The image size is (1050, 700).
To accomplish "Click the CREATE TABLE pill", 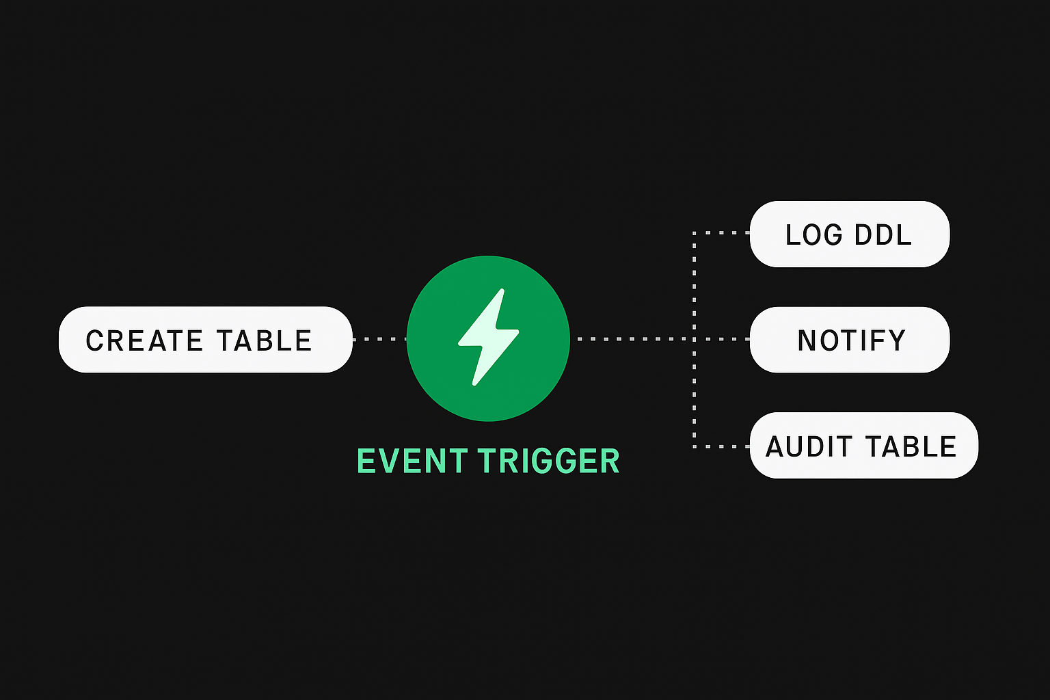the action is (x=205, y=340).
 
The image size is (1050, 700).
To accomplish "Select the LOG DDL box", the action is (x=850, y=234).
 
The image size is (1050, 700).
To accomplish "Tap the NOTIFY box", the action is (x=850, y=340).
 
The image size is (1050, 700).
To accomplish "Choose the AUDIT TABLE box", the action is (x=864, y=446).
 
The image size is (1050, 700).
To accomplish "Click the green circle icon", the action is (x=488, y=338).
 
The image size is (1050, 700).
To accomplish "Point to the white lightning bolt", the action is (x=488, y=337).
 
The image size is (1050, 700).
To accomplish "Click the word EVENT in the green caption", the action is (x=412, y=461).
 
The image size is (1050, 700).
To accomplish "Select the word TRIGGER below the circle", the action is (x=549, y=461).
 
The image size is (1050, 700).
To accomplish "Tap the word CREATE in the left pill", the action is (x=144, y=340).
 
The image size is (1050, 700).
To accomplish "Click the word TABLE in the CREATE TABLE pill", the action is (x=265, y=340).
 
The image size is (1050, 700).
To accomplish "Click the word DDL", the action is (x=883, y=235).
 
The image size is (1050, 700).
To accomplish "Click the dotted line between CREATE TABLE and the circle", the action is (x=379, y=339).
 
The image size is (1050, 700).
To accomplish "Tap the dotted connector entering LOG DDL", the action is (x=722, y=232).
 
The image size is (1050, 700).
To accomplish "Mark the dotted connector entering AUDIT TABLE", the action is (x=722, y=447).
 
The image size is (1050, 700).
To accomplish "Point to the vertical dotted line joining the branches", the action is (x=695, y=340).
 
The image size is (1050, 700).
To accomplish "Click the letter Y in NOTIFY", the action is (x=896, y=340).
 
